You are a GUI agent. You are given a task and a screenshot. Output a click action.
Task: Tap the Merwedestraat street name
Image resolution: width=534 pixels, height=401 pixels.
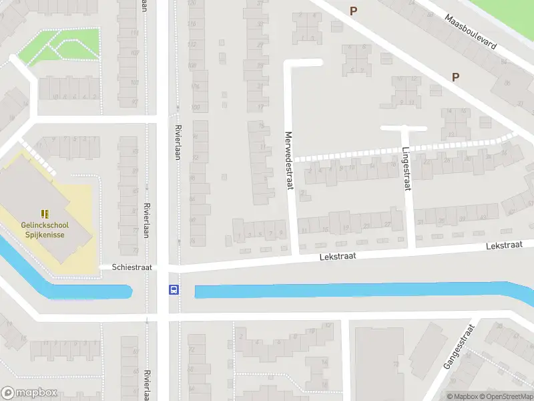point(289,159)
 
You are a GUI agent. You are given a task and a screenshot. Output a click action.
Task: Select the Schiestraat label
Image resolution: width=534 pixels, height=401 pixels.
point(132,267)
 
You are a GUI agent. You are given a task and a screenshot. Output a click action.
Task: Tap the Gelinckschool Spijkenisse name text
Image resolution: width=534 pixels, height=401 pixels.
point(45,229)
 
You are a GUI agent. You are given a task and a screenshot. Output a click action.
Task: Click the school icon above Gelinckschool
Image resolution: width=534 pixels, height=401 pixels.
point(45,214)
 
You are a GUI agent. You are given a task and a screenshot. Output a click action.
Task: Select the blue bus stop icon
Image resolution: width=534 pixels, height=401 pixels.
point(174,290)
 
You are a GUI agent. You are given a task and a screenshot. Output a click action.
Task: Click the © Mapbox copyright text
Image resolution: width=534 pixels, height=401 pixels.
point(462,396)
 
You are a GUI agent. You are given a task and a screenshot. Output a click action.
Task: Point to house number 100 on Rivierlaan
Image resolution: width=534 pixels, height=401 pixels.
point(195,108)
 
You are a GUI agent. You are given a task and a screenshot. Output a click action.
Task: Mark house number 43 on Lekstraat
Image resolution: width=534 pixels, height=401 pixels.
point(512,213)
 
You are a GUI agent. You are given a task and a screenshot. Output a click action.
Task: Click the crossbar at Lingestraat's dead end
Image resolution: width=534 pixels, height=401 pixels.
point(403,128)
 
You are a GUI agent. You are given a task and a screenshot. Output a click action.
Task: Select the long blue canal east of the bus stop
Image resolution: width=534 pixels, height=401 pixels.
point(360,291)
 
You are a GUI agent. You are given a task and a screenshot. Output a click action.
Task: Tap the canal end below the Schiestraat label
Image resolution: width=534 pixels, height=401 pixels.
point(123,291)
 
